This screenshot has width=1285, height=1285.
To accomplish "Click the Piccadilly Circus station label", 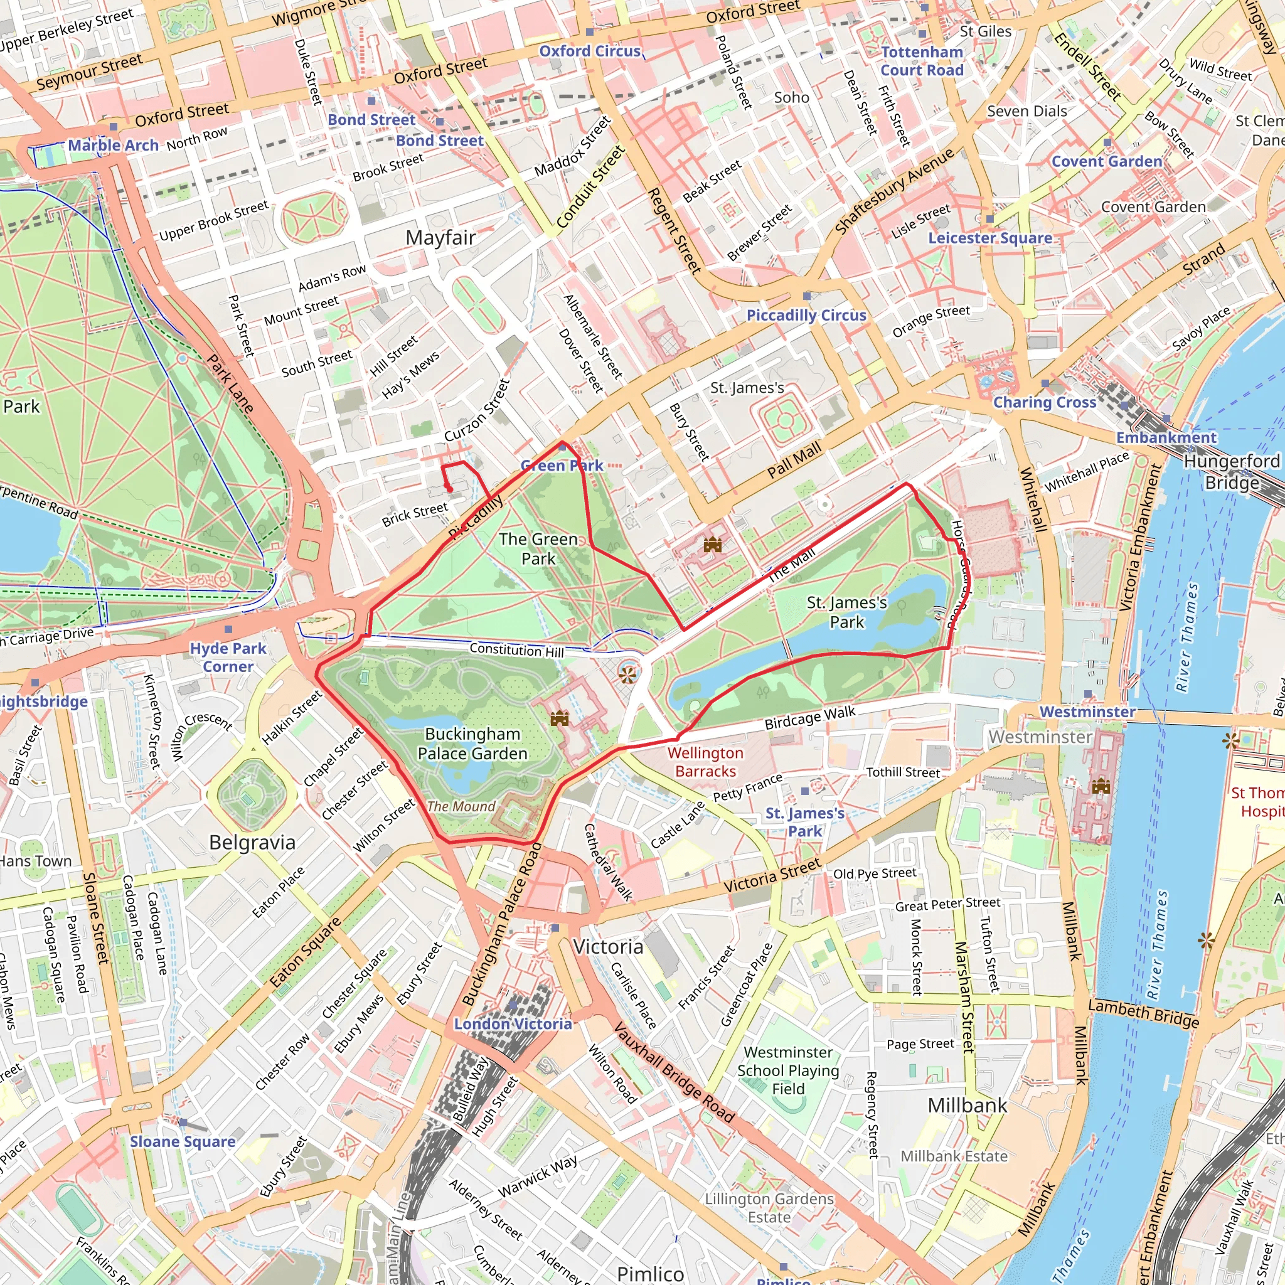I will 806,315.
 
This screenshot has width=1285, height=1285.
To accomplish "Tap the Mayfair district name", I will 440,237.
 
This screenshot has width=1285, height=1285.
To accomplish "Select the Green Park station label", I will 562,466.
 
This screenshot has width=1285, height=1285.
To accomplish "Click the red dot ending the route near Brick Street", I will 450,489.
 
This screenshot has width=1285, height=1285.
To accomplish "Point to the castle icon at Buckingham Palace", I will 559,718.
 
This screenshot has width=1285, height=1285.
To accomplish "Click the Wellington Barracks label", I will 705,762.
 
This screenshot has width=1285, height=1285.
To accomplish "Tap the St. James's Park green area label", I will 846,612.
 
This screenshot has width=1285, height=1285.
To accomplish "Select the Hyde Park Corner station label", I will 228,657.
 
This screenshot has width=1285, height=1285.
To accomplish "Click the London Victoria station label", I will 513,1023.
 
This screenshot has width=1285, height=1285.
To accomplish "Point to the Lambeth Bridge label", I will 1143,1015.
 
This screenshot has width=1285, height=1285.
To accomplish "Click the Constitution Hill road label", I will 516,649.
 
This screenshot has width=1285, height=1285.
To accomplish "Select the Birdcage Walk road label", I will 809,717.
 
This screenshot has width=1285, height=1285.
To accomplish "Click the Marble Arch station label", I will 113,145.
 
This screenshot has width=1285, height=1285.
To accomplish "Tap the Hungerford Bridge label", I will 1231,472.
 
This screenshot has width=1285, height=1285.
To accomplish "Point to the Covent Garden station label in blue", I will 1106,162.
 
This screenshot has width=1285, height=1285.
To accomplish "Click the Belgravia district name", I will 252,843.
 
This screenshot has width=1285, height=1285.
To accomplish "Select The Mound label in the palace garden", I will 461,806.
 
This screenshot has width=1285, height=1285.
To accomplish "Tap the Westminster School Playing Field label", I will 787,1070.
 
